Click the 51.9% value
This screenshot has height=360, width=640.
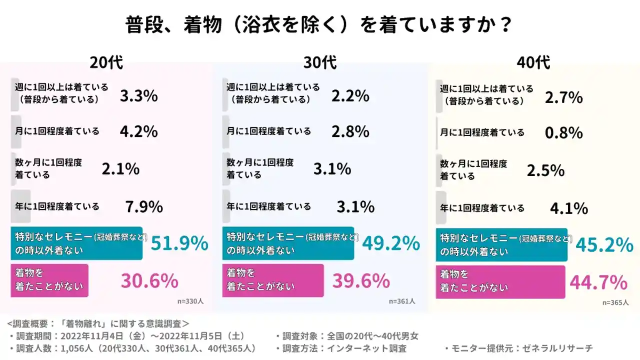179,243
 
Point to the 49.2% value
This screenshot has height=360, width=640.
391,243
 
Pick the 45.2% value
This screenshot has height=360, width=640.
604,244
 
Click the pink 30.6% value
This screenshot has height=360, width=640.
149,281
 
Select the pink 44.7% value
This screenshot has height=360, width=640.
598,282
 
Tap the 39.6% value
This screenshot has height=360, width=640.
361,281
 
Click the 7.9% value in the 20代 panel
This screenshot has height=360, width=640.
144,206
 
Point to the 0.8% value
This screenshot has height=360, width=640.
564,132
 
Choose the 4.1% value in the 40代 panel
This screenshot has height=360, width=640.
569,208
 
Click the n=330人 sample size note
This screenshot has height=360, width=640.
190,301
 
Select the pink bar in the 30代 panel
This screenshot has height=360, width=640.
273,280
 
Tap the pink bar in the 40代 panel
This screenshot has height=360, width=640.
500,282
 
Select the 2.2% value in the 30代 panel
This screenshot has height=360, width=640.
350,95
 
